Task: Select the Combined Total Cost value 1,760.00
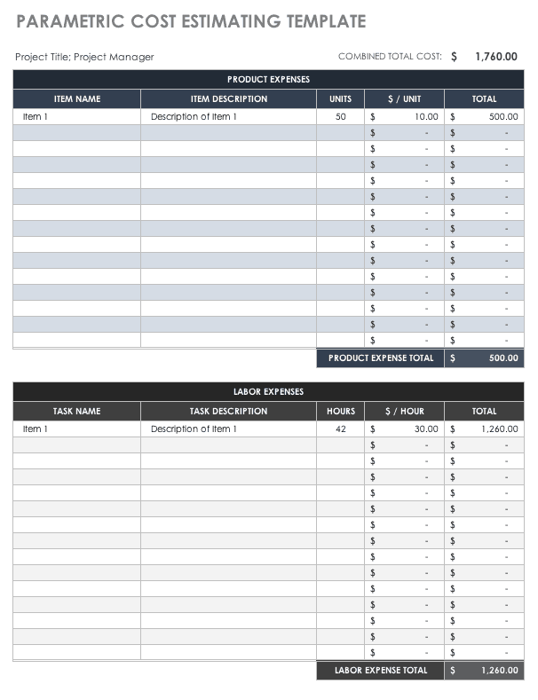(495, 57)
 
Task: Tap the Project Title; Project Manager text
(84, 57)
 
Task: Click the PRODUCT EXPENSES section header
(268, 80)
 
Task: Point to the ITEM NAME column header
(77, 99)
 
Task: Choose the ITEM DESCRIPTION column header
(228, 99)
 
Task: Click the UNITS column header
(340, 99)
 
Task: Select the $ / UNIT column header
(404, 99)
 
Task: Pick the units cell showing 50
(341, 116)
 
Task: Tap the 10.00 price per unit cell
(426, 116)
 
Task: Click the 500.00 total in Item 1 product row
(503, 116)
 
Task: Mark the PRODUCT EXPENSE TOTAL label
(381, 358)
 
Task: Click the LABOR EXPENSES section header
(268, 392)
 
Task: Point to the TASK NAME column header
(76, 412)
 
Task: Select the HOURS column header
(340, 412)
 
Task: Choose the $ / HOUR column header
(404, 412)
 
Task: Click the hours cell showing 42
(341, 429)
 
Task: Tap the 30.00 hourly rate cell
(426, 429)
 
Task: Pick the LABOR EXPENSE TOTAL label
(381, 671)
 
